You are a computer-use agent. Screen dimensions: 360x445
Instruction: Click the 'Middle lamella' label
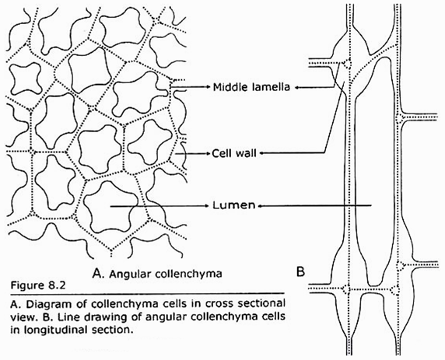[x=249, y=88]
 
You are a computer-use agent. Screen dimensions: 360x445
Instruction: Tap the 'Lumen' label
[x=235, y=206]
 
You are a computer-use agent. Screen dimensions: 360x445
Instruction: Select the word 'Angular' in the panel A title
[x=127, y=274]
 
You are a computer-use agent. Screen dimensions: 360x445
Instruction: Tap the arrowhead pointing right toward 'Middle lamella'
[x=207, y=88]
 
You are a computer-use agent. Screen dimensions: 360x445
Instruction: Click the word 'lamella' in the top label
[x=268, y=88]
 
